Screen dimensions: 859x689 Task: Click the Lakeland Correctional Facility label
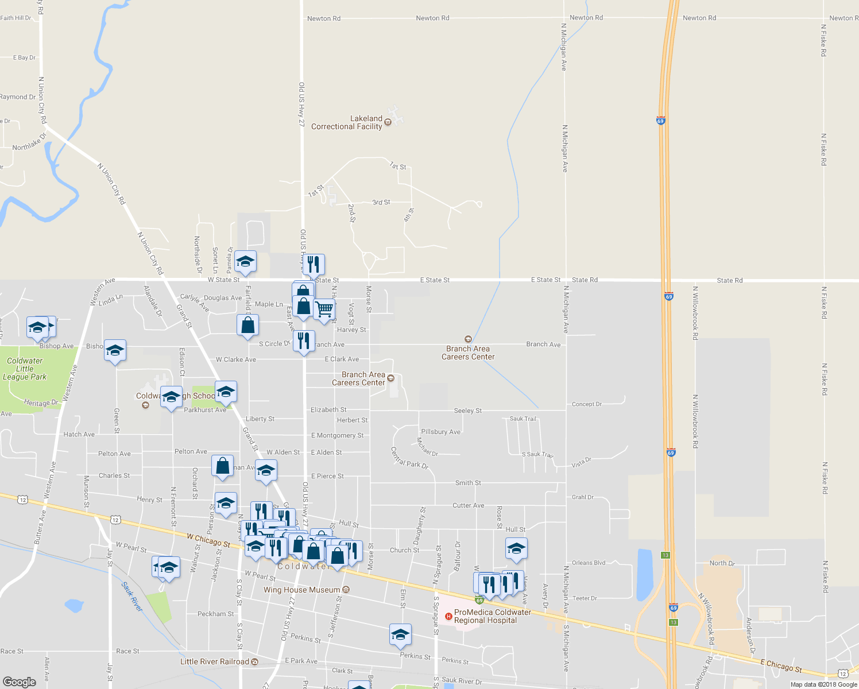pos(347,123)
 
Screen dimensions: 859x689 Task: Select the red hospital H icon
pos(448,616)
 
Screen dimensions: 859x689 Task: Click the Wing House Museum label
pos(302,590)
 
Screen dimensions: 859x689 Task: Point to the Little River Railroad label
pos(215,661)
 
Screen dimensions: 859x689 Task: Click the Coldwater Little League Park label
pos(25,369)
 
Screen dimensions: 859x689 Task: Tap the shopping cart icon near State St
pos(324,309)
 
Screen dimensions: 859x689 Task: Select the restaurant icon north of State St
pos(313,264)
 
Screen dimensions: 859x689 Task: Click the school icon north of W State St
pos(245,262)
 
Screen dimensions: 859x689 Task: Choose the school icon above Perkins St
pos(400,634)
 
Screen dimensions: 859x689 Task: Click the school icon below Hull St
pos(516,548)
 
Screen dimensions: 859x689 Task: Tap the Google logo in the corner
pos(20,682)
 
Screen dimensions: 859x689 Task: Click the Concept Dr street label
pos(587,404)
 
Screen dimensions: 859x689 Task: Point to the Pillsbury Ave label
pos(440,432)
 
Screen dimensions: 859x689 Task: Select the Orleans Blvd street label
pos(589,563)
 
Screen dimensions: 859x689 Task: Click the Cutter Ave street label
pos(468,505)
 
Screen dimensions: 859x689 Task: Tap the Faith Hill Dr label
pos(16,18)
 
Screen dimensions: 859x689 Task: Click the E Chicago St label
pos(781,665)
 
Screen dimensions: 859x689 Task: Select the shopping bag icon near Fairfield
pos(247,326)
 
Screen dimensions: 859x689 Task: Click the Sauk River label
pos(132,597)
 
